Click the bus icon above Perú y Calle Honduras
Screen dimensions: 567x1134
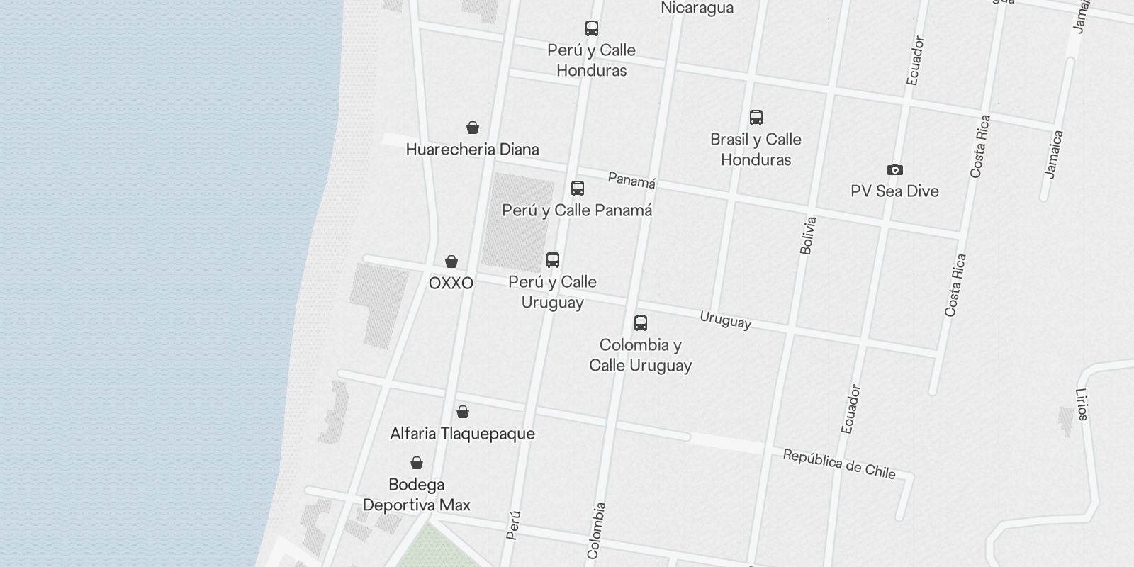592,28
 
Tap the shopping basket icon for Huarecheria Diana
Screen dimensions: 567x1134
473,128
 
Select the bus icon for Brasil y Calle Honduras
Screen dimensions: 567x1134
756,118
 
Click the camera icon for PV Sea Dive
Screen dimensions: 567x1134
895,169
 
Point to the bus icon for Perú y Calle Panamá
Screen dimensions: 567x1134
578,189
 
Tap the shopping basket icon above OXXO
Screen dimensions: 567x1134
451,262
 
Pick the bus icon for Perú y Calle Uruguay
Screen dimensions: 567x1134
553,260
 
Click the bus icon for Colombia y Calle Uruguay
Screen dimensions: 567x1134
641,323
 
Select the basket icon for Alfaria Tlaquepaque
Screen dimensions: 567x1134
463,412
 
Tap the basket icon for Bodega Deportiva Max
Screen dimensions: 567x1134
417,463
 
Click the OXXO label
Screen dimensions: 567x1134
451,283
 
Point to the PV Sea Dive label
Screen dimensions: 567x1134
895,191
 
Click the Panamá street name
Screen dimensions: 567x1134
631,181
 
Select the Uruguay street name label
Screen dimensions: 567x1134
725,320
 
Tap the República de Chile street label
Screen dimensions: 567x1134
839,464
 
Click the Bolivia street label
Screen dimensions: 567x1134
808,235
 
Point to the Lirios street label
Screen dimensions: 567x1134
1082,404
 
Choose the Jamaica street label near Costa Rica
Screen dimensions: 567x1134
1055,154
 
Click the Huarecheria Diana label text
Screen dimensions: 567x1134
473,150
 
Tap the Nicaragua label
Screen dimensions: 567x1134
697,8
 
